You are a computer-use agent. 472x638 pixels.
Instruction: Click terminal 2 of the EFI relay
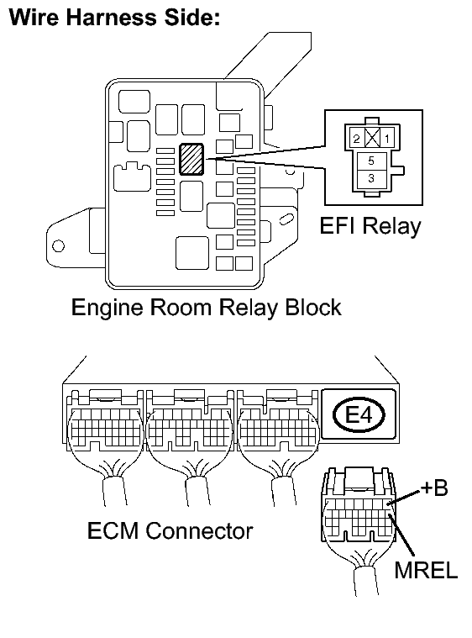(x=356, y=139)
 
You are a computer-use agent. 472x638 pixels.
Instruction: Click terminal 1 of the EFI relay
(x=387, y=139)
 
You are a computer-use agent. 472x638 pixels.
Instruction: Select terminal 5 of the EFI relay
(x=370, y=161)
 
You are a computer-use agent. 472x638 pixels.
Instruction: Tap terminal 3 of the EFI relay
(x=370, y=178)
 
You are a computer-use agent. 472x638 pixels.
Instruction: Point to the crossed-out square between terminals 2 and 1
(x=372, y=138)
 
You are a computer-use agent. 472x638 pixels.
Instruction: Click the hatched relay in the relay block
(x=191, y=159)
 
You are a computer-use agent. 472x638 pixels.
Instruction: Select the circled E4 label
(x=359, y=414)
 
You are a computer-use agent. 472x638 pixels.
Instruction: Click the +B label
(x=433, y=488)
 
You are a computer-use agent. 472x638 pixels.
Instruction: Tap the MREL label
(x=426, y=570)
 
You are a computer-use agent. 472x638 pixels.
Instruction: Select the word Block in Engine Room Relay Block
(x=313, y=307)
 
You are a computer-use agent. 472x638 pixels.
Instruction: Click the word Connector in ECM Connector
(x=199, y=530)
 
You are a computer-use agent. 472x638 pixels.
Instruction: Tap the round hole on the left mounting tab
(x=59, y=246)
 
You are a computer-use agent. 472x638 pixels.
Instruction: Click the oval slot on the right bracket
(x=286, y=218)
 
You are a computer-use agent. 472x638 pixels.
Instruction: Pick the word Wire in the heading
(x=34, y=18)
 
